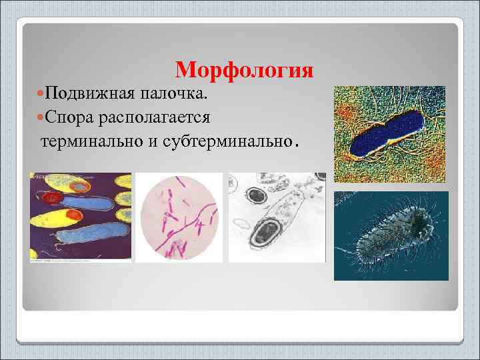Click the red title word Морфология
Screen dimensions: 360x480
click(x=244, y=70)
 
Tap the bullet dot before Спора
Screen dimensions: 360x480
click(x=35, y=117)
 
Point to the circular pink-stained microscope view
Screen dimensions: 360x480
click(x=180, y=217)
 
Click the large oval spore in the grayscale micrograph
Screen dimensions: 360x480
click(x=265, y=230)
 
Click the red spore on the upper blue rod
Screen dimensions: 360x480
click(x=50, y=197)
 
